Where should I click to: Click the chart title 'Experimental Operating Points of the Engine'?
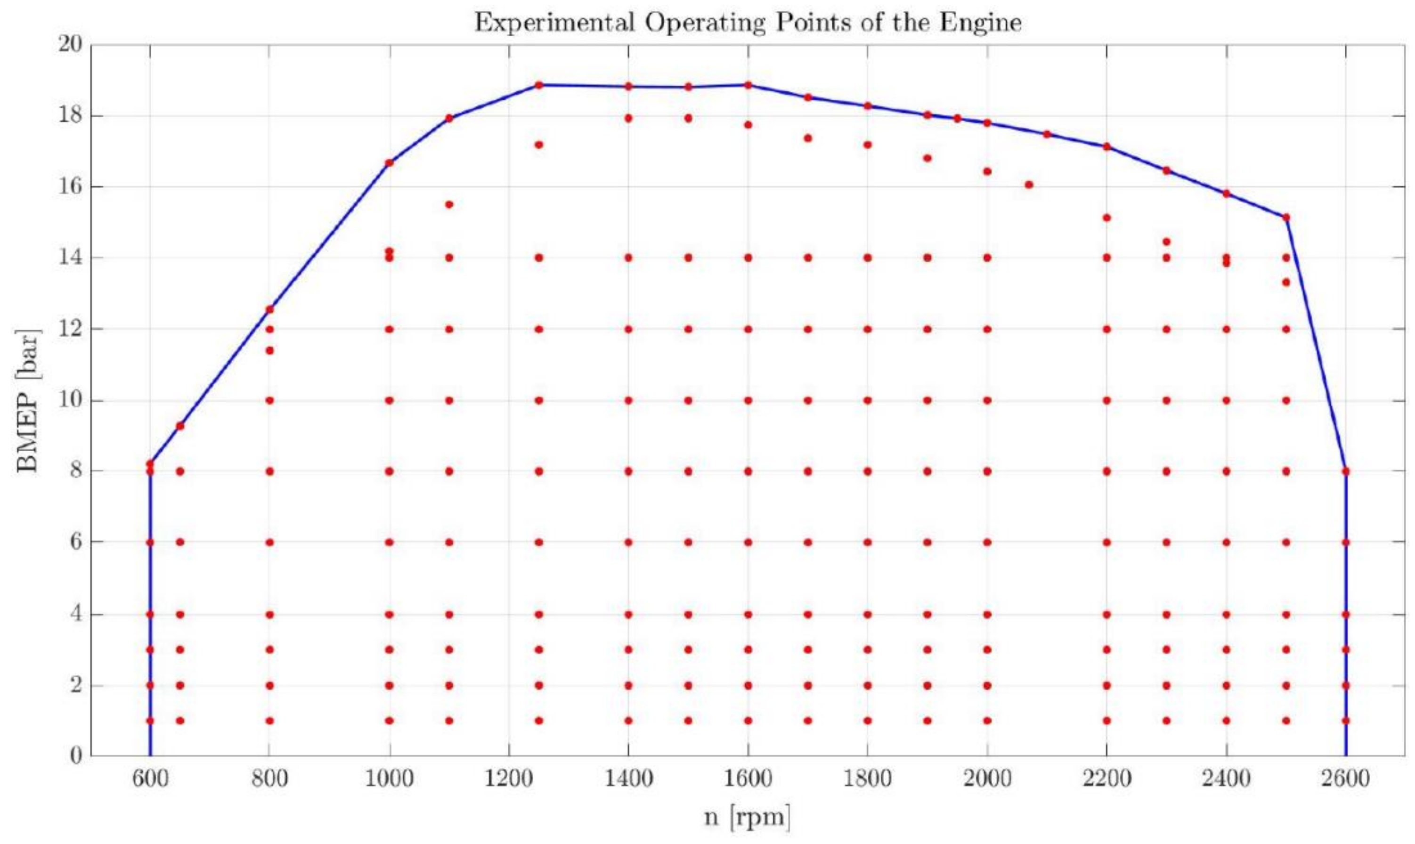(x=748, y=23)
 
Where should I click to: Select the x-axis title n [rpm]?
(x=748, y=817)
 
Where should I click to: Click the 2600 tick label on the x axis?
(x=1346, y=778)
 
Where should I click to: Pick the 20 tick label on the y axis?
(x=70, y=44)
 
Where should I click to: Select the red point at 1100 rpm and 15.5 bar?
(x=449, y=205)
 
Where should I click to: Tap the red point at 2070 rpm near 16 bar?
(x=1029, y=184)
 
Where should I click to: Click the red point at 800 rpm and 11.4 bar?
(x=269, y=350)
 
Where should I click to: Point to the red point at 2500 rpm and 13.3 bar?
(x=1286, y=282)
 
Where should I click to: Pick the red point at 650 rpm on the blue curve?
(x=180, y=426)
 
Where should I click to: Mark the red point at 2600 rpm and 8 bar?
(x=1346, y=471)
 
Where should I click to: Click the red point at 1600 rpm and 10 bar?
(x=748, y=400)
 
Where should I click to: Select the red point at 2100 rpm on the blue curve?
(x=1047, y=134)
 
